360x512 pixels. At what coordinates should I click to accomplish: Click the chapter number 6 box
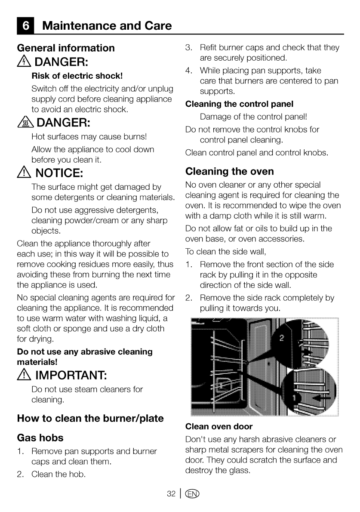click(25, 26)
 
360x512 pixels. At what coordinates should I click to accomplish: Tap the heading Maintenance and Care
click(107, 26)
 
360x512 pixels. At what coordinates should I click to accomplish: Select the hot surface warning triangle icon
click(27, 123)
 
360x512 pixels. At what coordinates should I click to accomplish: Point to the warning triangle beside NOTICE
click(23, 174)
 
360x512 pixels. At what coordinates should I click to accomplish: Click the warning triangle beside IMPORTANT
click(23, 376)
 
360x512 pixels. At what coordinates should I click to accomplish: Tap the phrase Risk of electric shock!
click(77, 76)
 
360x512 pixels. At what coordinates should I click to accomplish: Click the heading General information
click(66, 48)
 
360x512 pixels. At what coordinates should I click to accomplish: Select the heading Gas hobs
click(40, 438)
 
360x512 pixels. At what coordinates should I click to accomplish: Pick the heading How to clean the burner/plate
click(90, 418)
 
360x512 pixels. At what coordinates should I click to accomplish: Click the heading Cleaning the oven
click(229, 171)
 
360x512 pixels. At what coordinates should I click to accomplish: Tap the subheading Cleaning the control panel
click(239, 104)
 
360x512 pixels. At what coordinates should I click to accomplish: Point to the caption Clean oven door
click(218, 426)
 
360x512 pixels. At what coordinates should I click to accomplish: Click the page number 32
click(171, 494)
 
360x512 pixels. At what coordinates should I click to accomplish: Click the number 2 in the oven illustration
click(281, 337)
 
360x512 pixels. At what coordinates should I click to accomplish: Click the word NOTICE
click(59, 174)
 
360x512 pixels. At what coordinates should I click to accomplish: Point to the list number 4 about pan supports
click(188, 71)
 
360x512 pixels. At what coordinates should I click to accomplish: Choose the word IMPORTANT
click(71, 376)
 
